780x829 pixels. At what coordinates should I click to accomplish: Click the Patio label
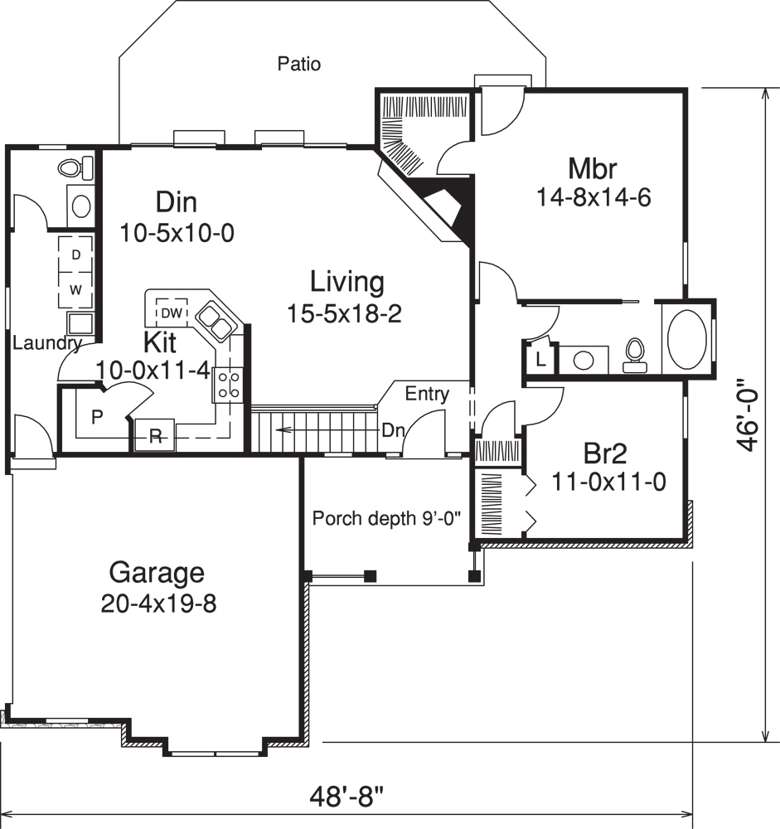[x=298, y=64]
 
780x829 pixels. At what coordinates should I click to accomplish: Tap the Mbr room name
[x=593, y=168]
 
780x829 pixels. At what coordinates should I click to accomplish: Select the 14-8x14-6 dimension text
[x=593, y=198]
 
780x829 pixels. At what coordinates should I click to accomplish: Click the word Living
[x=347, y=282]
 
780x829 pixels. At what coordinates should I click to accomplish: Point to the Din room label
[x=176, y=202]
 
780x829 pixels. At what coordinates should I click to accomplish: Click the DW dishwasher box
[x=172, y=313]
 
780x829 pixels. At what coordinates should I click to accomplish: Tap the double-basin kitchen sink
[x=215, y=322]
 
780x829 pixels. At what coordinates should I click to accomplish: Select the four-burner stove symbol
[x=229, y=385]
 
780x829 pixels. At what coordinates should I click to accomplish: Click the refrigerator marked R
[x=154, y=435]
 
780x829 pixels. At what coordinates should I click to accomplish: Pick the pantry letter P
[x=97, y=417]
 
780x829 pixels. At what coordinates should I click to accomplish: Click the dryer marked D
[x=75, y=255]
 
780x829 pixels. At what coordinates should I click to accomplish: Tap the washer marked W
[x=75, y=289]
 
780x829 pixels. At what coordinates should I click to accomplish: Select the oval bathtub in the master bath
[x=687, y=338]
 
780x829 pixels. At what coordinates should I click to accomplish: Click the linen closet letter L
[x=540, y=360]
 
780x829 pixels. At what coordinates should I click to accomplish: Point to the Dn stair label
[x=393, y=430]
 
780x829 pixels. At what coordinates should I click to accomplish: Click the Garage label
[x=157, y=573]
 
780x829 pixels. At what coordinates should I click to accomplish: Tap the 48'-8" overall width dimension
[x=346, y=796]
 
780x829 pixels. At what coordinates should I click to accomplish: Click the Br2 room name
[x=605, y=453]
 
